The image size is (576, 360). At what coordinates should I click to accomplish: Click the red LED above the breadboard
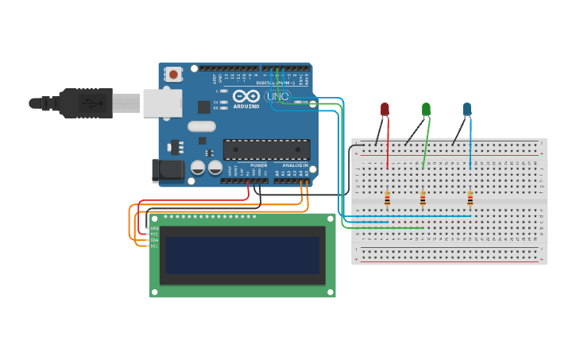click(x=385, y=109)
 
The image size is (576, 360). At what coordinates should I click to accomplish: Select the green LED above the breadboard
click(x=427, y=109)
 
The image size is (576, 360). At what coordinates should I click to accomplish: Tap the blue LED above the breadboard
click(x=467, y=109)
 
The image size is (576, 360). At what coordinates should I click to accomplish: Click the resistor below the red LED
click(x=387, y=199)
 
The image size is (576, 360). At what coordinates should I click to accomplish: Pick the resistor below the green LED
click(x=423, y=199)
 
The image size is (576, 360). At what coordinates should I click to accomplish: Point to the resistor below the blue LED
click(x=470, y=199)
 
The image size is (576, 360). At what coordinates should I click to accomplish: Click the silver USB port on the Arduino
click(x=162, y=103)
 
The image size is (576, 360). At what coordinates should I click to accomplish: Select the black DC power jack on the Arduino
click(x=168, y=169)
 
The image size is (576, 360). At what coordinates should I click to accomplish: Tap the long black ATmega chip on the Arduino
click(x=266, y=149)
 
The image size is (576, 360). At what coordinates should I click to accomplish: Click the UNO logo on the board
click(x=278, y=96)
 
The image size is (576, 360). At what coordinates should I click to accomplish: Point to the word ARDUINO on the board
click(x=246, y=106)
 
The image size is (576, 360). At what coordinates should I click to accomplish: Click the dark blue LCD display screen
click(x=242, y=254)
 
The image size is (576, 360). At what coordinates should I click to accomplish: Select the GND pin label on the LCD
click(x=154, y=228)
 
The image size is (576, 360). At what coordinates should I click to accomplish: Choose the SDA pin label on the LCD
click(x=154, y=239)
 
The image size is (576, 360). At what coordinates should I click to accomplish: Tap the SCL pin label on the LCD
click(x=154, y=246)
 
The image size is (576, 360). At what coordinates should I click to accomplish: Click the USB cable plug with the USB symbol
click(x=87, y=103)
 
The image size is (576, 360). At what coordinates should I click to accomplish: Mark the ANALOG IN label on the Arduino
click(x=292, y=165)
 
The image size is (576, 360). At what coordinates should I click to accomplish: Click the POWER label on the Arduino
click(x=259, y=165)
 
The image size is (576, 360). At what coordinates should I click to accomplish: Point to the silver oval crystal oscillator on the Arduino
click(x=202, y=126)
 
